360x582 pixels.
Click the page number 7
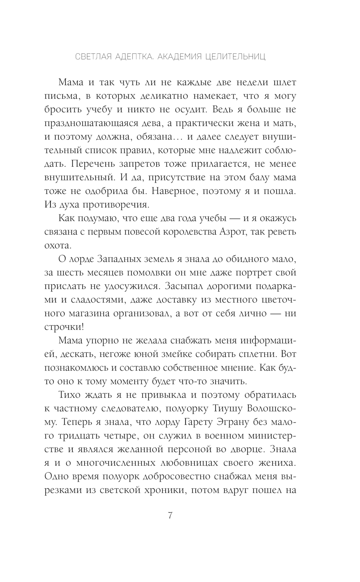click(x=170, y=515)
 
